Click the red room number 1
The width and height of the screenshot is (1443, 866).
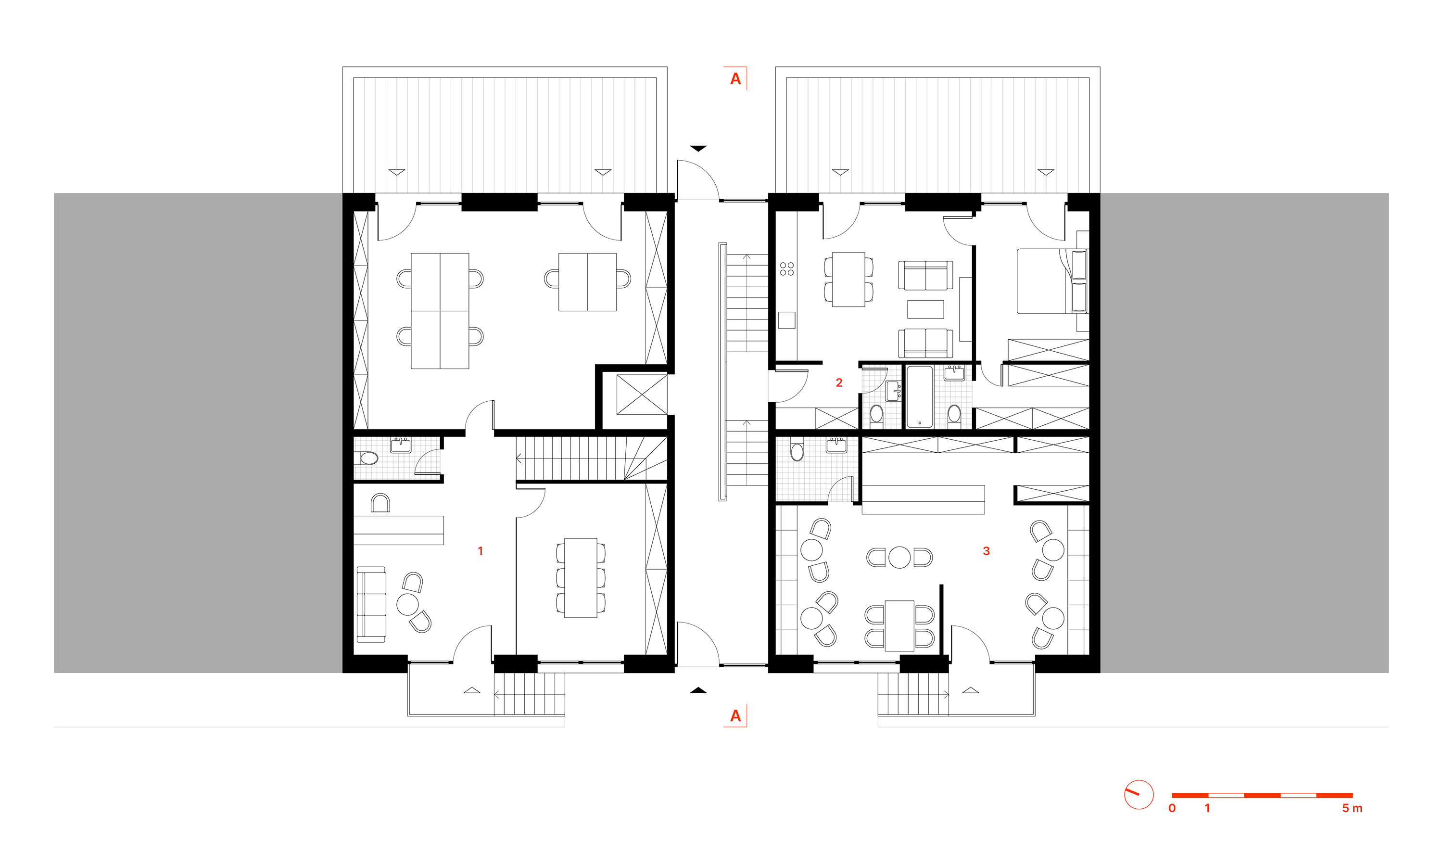point(480,551)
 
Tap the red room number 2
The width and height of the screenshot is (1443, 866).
point(839,383)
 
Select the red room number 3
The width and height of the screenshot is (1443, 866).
point(987,551)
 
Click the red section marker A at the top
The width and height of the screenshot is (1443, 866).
point(735,79)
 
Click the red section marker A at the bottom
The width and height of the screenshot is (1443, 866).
point(735,716)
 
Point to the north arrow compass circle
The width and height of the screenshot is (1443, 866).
point(1139,795)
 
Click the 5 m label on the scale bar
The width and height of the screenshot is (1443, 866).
point(1352,808)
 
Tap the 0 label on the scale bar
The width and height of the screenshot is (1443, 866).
point(1172,808)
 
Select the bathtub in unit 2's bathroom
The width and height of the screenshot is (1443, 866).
point(920,397)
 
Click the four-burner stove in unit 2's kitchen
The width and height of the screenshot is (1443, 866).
point(787,269)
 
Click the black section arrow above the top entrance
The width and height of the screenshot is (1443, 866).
point(698,148)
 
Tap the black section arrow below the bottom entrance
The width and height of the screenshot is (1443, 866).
point(698,690)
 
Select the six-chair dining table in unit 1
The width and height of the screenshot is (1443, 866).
point(581,578)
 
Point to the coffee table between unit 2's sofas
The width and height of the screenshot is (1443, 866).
point(925,309)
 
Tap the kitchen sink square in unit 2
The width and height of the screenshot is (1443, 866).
point(787,320)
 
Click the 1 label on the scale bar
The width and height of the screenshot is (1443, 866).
point(1207,808)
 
